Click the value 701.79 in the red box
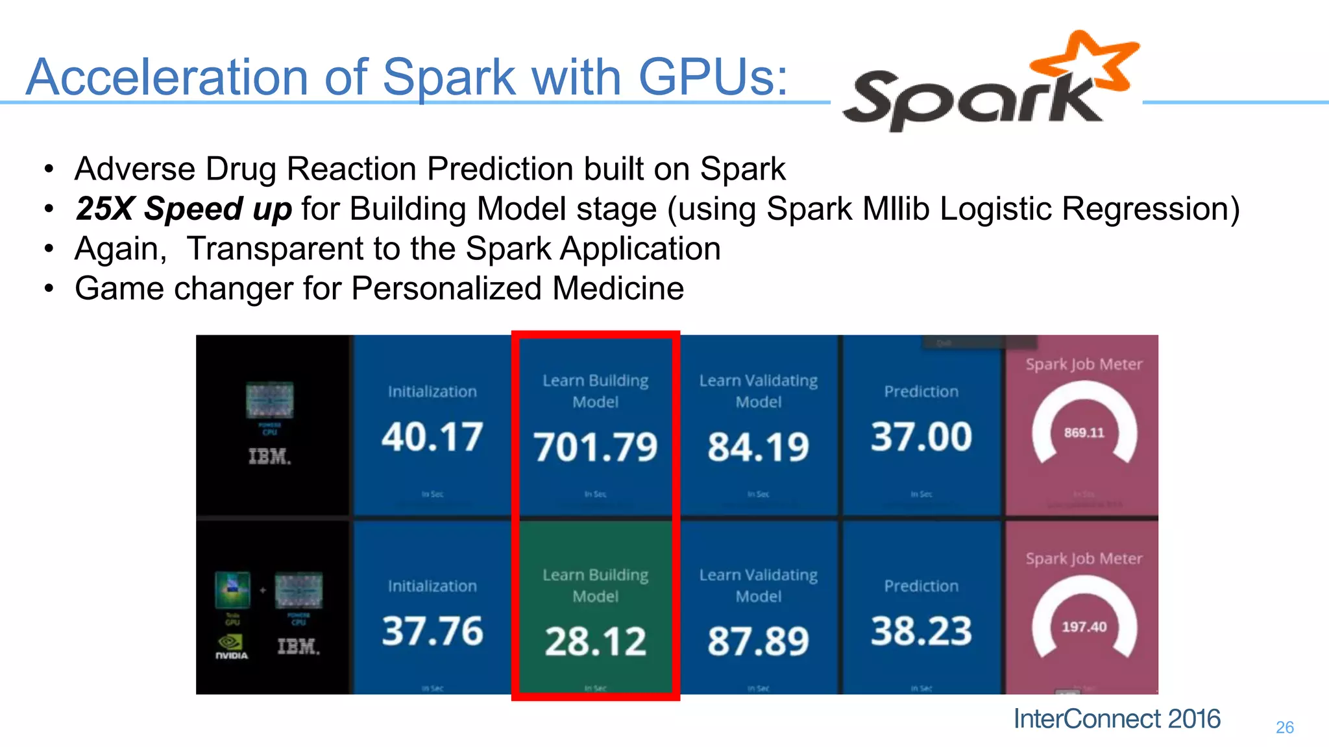coord(595,447)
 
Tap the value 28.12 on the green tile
coord(595,641)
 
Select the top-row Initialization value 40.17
coord(432,436)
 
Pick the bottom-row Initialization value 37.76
coord(432,631)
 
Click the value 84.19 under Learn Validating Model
coord(758,447)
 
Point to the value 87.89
coord(758,641)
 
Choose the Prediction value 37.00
coord(921,436)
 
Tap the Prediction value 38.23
coord(921,631)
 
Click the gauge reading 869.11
coord(1084,433)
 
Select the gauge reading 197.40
coord(1084,627)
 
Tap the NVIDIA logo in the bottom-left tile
coord(231,646)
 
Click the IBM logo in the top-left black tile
coord(269,456)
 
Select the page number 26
coord(1284,728)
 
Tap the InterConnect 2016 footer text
coord(1117,719)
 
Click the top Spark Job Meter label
coord(1084,364)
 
